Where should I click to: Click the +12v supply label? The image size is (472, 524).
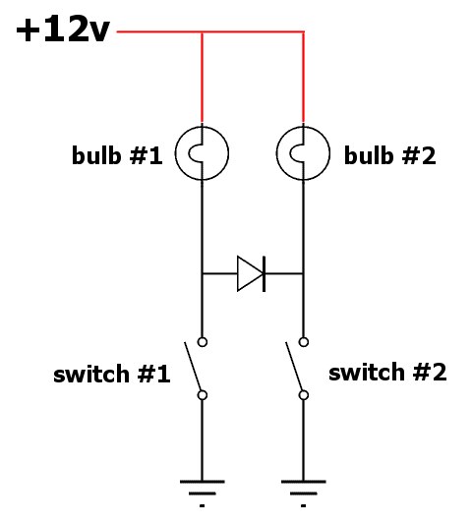(x=63, y=29)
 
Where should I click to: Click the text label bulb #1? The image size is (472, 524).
(x=117, y=155)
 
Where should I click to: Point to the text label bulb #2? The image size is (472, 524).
(x=390, y=155)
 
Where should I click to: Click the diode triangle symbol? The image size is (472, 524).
(x=250, y=273)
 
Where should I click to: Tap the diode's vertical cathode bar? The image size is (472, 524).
(x=265, y=273)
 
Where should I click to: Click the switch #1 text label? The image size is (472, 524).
(x=112, y=374)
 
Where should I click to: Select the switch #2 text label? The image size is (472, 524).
(x=387, y=372)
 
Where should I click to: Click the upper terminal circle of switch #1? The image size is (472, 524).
(x=203, y=342)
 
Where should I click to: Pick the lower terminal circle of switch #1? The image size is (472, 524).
(x=203, y=395)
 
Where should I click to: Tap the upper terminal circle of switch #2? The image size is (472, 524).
(x=304, y=342)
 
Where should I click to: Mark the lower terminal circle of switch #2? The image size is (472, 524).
(x=304, y=395)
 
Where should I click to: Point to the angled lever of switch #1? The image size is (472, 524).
(x=193, y=367)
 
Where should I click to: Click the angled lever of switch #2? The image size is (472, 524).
(x=294, y=367)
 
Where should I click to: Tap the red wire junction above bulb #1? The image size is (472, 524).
(x=202, y=32)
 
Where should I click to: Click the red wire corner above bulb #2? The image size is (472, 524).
(x=303, y=32)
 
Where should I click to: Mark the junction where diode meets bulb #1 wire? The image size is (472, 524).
(x=202, y=273)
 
